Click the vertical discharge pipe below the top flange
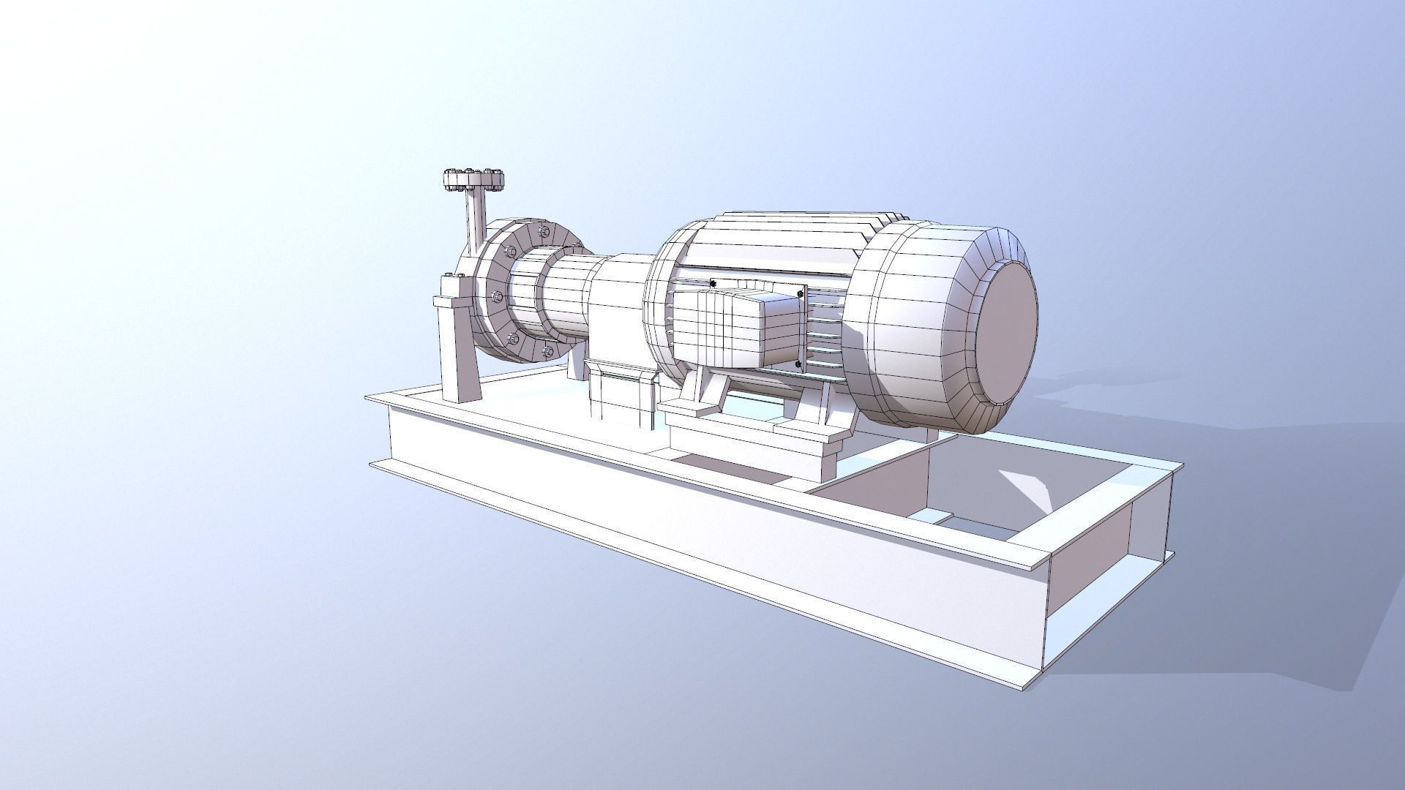tap(476, 219)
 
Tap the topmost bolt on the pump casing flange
tap(542, 232)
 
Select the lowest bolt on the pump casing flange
tap(548, 352)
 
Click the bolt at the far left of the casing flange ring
tap(496, 297)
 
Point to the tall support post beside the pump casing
tap(458, 344)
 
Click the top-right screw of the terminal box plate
tap(800, 294)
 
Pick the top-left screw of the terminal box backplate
tap(713, 283)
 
